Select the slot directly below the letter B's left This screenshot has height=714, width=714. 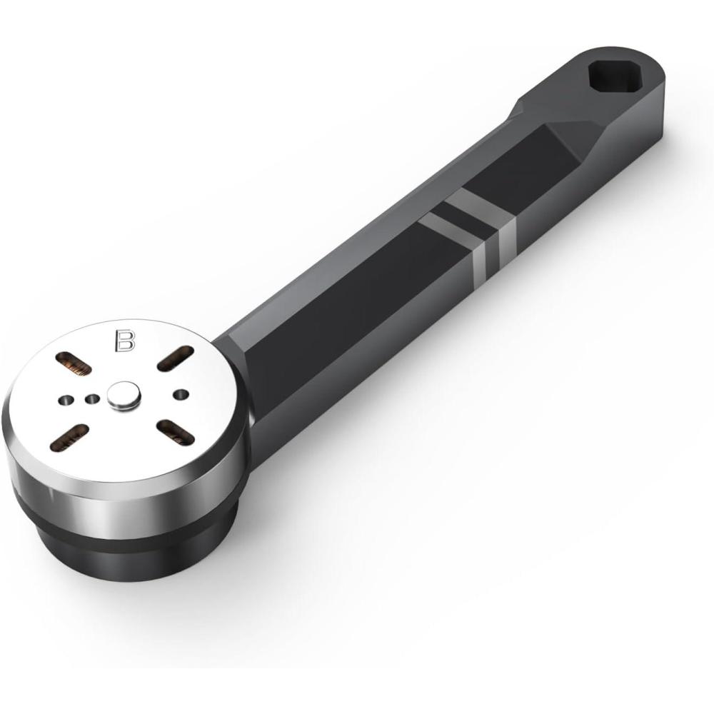coord(74,365)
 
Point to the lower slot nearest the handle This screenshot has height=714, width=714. coord(176,431)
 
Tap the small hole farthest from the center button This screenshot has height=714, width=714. coord(66,401)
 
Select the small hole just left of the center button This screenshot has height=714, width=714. coord(92,399)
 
